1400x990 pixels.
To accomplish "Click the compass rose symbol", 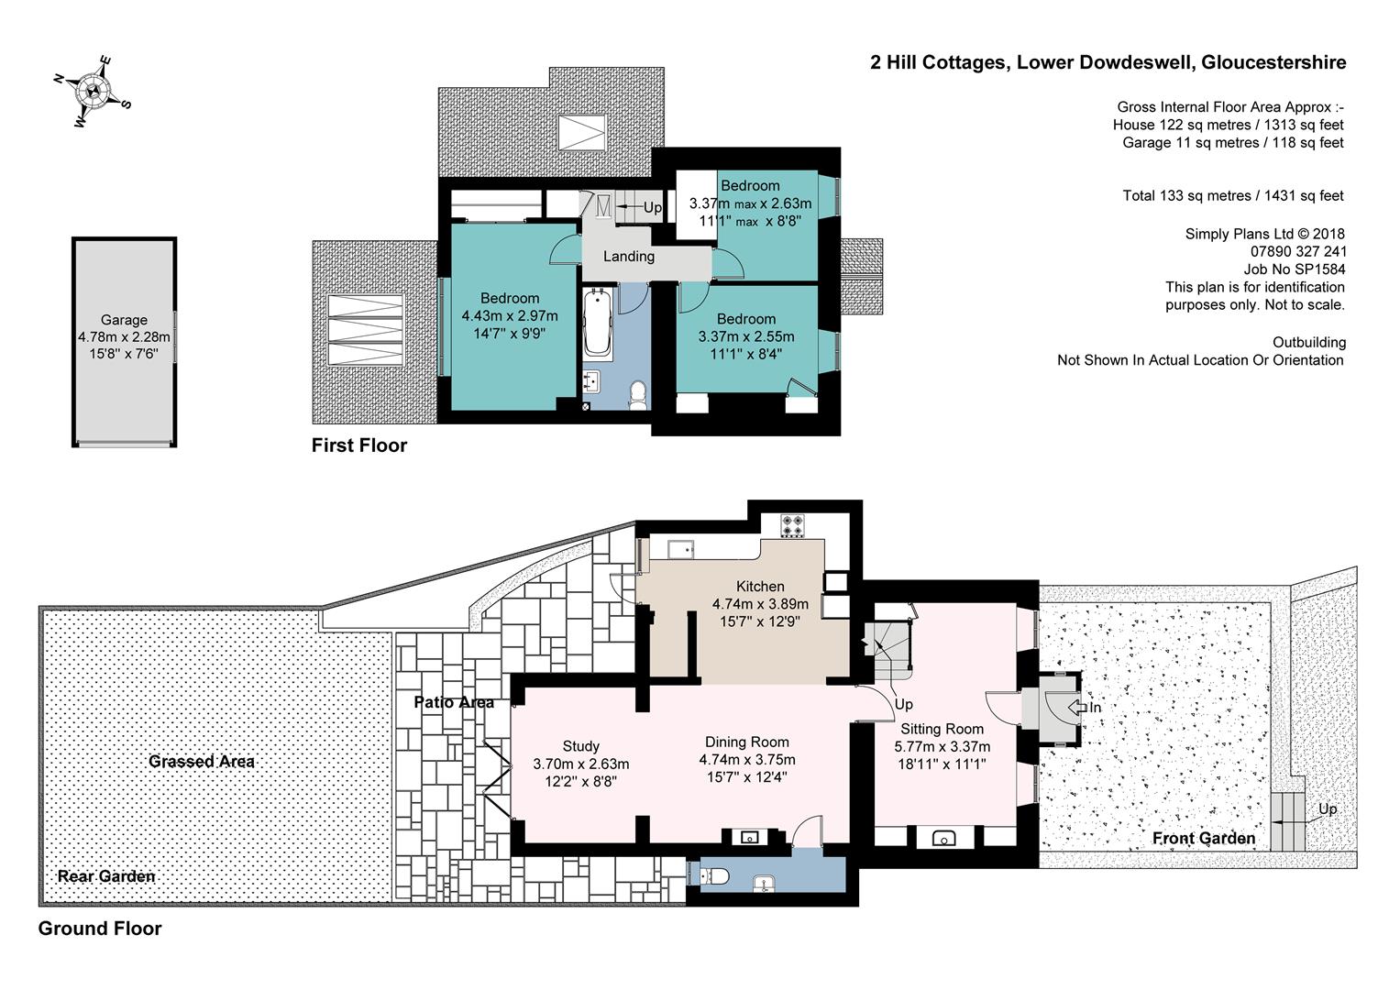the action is click(93, 92).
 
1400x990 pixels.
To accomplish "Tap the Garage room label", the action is click(124, 320).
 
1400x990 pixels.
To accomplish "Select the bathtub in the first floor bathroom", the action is click(598, 324).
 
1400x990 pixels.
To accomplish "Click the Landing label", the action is click(629, 257).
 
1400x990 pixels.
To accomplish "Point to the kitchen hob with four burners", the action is click(792, 525).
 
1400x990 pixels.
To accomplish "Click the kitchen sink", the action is click(681, 550).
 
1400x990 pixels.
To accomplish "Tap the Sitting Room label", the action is click(942, 729).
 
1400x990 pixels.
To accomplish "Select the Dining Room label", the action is click(747, 742).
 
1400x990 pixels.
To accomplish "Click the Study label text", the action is click(580, 745).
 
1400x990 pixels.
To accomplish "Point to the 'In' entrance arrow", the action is click(1077, 708).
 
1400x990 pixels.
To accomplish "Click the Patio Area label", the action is click(454, 702).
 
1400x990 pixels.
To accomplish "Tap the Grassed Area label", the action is click(202, 761).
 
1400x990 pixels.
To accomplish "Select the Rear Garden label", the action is click(106, 876).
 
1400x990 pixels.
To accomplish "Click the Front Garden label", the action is click(1204, 838).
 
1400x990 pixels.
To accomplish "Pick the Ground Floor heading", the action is click(100, 928).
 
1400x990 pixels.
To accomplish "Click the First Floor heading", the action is click(359, 445).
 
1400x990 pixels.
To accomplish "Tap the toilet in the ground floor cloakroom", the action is click(714, 876).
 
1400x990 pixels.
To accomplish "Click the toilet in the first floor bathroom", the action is click(637, 396).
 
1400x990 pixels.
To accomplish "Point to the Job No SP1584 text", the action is click(1295, 269).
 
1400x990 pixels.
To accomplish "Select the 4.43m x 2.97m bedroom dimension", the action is click(510, 315).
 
